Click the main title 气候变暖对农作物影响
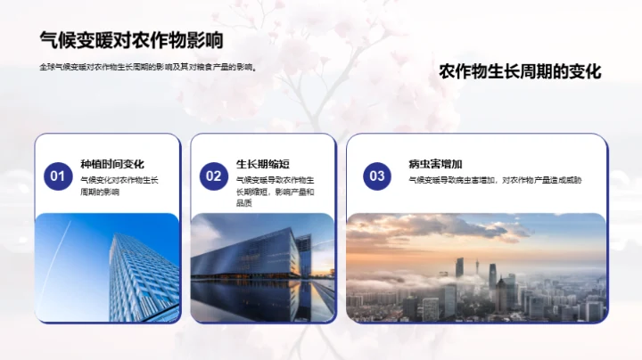(131, 40)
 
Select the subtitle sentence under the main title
(148, 67)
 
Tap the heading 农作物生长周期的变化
(521, 72)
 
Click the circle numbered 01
(58, 176)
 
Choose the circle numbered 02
(214, 176)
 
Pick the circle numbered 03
(377, 176)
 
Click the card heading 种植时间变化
(112, 164)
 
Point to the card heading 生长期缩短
(262, 164)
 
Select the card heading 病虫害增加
(435, 164)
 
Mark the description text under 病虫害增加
(495, 180)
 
